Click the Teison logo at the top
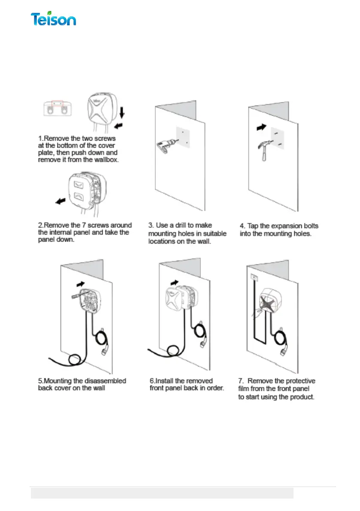coord(53,19)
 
